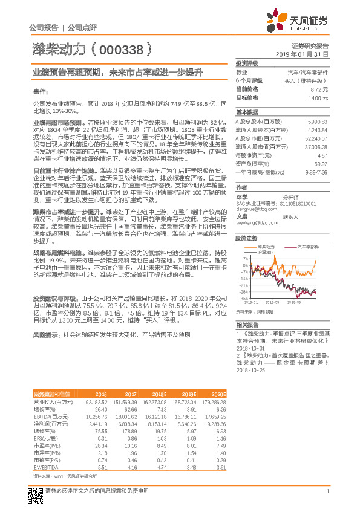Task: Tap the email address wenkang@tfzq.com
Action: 254,222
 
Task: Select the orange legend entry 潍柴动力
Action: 250,247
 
